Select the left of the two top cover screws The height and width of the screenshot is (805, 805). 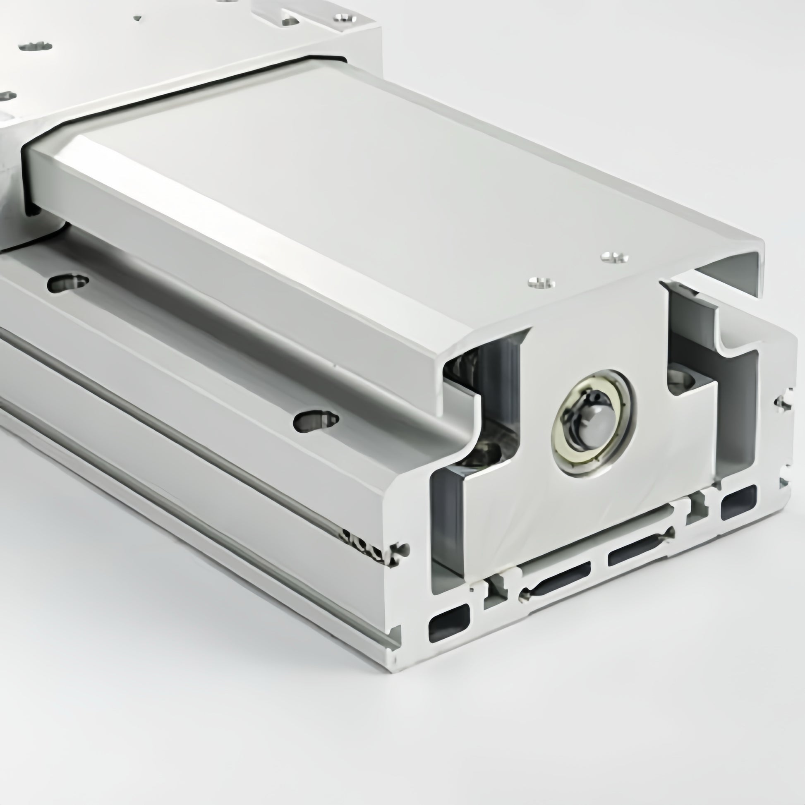tap(541, 283)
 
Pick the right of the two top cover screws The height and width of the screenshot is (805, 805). tap(615, 257)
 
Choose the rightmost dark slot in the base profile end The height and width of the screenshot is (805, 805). tap(738, 502)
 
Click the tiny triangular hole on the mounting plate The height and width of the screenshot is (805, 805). tap(138, 18)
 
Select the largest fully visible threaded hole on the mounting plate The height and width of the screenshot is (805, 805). tap(36, 46)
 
